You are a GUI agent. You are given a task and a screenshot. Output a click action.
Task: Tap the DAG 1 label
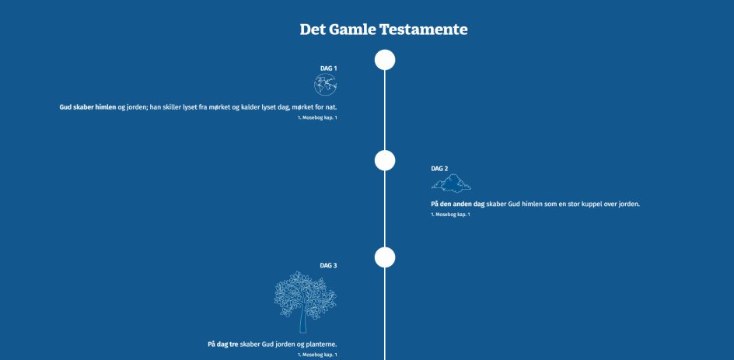click(329, 68)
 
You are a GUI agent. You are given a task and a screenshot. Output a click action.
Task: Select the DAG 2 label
click(439, 169)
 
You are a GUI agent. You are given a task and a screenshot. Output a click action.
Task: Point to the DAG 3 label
click(328, 265)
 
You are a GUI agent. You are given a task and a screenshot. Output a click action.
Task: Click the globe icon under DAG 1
click(326, 85)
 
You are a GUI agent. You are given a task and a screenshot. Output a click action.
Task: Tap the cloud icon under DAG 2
click(451, 183)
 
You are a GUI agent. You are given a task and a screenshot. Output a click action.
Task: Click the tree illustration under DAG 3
click(306, 302)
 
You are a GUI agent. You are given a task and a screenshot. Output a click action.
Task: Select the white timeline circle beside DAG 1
click(385, 60)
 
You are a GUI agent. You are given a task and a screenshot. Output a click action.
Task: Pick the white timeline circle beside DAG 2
click(385, 161)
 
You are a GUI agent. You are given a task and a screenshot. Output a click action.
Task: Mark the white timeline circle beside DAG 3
click(385, 257)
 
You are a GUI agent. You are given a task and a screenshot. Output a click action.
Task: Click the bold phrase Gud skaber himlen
click(88, 107)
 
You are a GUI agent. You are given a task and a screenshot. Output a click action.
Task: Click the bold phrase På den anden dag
click(458, 204)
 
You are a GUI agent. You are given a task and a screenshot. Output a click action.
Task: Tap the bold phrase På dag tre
click(223, 344)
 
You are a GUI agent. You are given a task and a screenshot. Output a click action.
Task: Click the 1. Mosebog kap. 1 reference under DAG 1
click(317, 117)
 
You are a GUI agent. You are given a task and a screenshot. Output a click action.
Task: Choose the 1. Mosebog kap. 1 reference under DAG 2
click(450, 215)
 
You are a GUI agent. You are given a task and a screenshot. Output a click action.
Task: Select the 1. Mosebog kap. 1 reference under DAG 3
click(317, 355)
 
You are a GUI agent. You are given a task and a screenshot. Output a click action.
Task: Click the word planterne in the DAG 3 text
click(321, 344)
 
